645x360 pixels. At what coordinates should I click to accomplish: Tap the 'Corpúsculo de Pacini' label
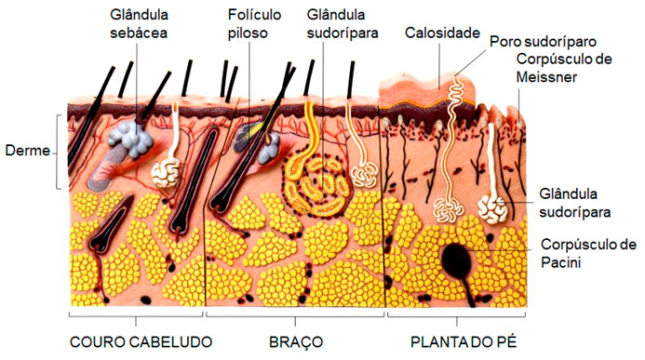tap(588, 253)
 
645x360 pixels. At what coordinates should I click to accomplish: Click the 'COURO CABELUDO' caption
tap(135, 340)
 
